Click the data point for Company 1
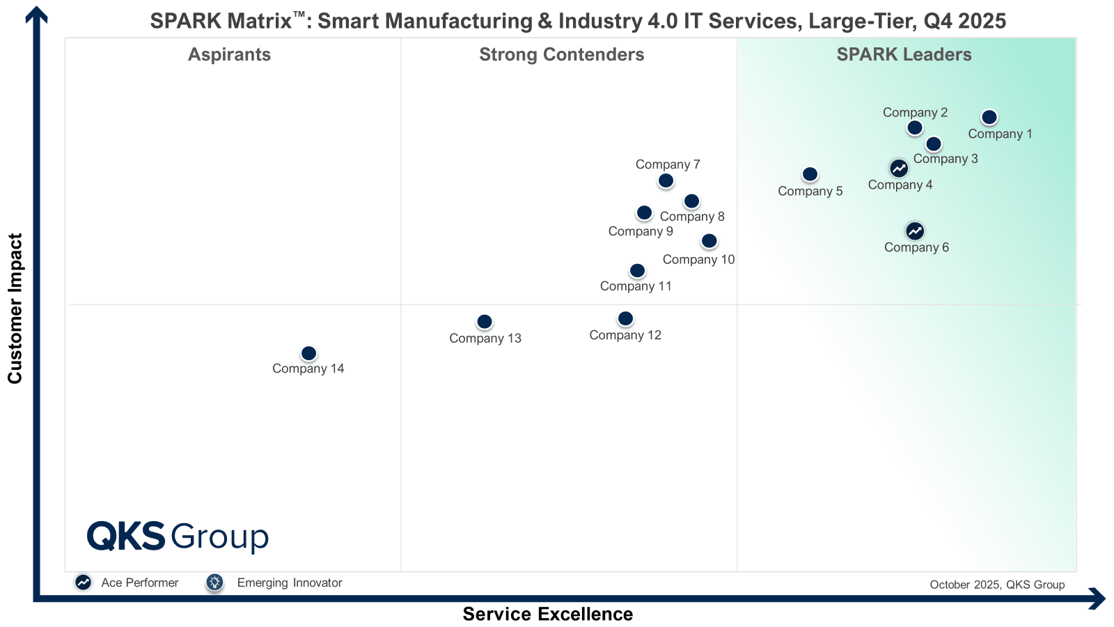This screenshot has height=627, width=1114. pos(989,118)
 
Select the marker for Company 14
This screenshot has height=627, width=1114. pos(309,354)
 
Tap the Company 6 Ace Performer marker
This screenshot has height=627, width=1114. pos(915,231)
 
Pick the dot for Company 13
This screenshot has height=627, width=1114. pos(485,322)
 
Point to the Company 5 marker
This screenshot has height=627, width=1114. pos(810,174)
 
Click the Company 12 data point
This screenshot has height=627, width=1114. pos(626,318)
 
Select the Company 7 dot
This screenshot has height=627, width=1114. pos(666,181)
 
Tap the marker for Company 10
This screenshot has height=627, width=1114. pos(709,241)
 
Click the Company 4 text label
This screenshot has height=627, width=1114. pos(900,185)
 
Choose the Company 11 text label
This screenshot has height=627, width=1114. pos(636,286)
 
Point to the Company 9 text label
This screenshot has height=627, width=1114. pos(641,231)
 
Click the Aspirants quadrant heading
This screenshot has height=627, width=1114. pos(229,54)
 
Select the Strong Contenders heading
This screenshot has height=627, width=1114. pos(561,54)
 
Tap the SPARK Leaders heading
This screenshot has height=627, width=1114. pos(904,54)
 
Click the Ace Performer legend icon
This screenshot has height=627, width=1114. pos(84,582)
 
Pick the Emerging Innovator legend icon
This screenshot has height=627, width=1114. pos(214,582)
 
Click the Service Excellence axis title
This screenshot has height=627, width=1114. pos(547,614)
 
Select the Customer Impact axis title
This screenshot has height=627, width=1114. pos(15,308)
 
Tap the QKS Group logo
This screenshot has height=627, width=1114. pos(178,536)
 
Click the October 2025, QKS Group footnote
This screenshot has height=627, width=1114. pos(997,585)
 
